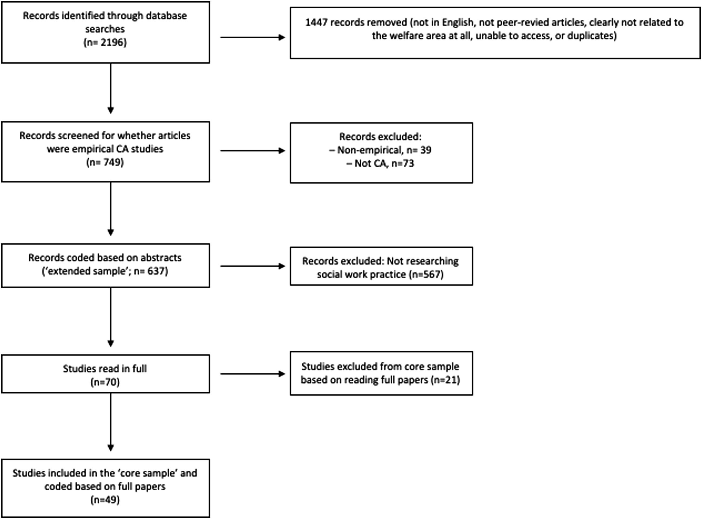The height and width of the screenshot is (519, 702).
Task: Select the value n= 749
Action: point(105,162)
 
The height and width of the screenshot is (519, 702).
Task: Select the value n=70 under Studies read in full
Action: point(105,382)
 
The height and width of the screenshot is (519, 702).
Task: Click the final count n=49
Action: point(105,500)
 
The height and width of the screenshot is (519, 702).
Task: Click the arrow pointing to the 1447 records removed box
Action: point(252,37)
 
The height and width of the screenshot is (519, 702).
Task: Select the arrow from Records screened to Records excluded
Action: point(252,150)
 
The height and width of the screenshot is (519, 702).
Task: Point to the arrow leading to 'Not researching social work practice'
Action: point(252,266)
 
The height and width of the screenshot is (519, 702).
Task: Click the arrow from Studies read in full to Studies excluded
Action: point(252,374)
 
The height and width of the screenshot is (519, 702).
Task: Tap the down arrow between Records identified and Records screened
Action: point(110,88)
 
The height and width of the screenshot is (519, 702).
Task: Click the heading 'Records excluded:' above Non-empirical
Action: point(380,137)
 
